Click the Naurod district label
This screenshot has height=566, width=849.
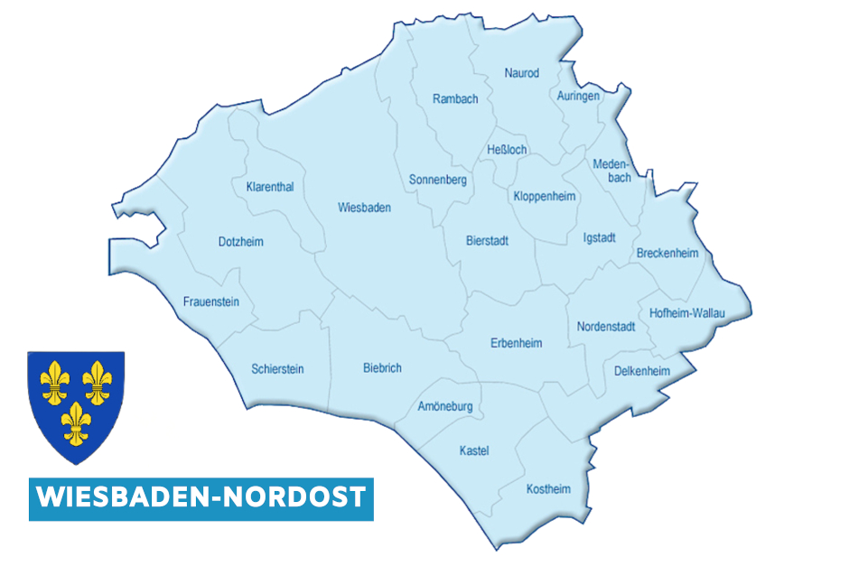coord(522,73)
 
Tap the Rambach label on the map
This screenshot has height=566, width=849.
coord(455,99)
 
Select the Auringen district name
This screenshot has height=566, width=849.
coord(578,97)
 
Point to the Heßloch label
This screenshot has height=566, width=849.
coord(507,150)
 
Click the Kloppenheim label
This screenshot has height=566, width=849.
coord(545,197)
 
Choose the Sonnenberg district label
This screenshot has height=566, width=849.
coord(437,181)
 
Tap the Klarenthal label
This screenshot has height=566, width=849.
coord(270,188)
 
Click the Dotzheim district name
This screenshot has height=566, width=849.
coord(241,242)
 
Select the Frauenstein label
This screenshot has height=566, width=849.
coord(211,302)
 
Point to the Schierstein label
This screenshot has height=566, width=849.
coord(278,369)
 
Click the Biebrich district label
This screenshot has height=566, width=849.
coord(382,368)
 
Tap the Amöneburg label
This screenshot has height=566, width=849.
coord(445,407)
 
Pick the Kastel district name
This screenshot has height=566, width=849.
coord(474,450)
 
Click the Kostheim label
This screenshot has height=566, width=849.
coord(549,489)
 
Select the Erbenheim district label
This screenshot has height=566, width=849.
coord(516,343)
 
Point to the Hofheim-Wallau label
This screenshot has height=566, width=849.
coord(687,313)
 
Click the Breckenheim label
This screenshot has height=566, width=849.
coord(667,254)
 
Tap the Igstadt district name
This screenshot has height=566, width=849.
coord(600,238)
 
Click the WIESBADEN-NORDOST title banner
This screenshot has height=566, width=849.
coord(201,497)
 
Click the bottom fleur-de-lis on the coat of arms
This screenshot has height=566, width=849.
coord(76,420)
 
